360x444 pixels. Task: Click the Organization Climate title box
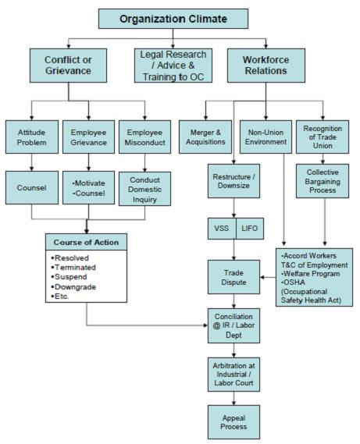pyautogui.click(x=173, y=18)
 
